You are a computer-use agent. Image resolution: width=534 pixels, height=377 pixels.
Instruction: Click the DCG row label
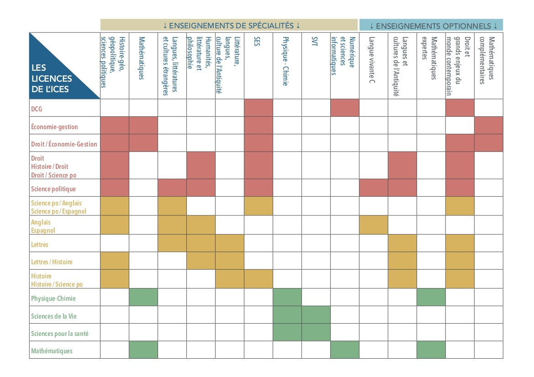click(x=37, y=109)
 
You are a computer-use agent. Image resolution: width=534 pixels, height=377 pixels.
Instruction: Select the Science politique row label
click(x=53, y=189)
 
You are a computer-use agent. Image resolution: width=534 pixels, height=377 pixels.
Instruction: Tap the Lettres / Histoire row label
click(x=52, y=262)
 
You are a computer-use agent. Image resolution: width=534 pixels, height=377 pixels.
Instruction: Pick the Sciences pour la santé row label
click(x=60, y=334)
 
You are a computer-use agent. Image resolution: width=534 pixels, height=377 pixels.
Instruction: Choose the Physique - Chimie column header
click(x=286, y=61)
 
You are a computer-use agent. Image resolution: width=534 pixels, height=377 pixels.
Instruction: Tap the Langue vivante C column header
click(x=372, y=60)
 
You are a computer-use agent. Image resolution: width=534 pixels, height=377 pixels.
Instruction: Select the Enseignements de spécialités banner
click(x=229, y=25)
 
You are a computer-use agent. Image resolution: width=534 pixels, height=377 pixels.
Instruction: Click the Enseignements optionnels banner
click(x=431, y=25)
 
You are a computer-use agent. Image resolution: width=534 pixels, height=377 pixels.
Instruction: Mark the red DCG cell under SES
click(x=259, y=108)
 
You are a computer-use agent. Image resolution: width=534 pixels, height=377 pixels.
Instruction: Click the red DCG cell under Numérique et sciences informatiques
click(x=344, y=108)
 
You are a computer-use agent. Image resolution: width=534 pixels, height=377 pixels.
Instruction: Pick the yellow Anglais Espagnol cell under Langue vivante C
click(x=374, y=225)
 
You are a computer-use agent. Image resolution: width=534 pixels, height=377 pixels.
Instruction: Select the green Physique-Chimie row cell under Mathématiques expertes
click(x=431, y=297)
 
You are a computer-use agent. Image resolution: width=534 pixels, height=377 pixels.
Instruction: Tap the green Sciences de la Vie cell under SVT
click(x=316, y=315)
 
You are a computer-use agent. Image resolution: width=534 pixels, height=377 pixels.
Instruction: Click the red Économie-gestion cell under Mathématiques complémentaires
click(x=489, y=125)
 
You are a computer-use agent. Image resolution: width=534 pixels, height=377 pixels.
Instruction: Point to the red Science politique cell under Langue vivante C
click(x=374, y=188)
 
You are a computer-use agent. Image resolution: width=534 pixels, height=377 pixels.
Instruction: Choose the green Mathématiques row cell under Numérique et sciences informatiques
click(x=344, y=350)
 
